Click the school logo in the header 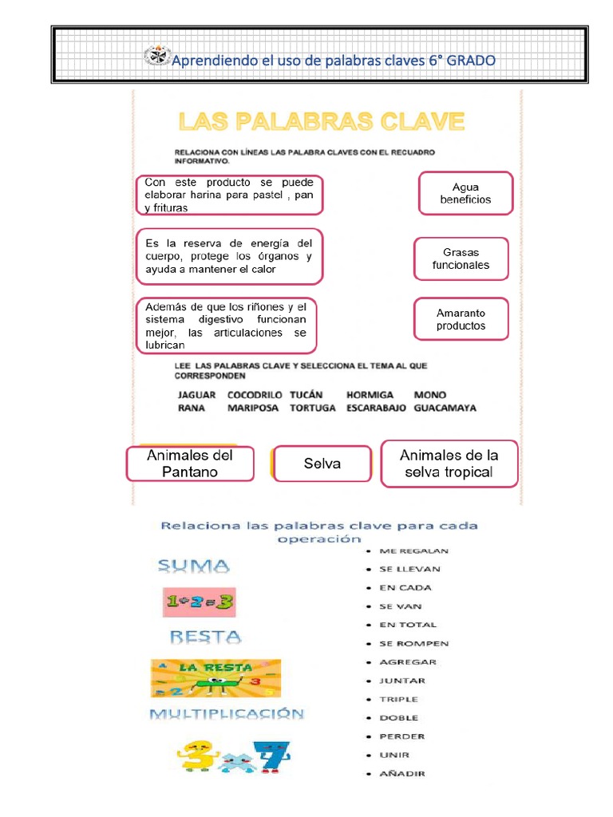[x=156, y=57]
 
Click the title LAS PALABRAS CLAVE [x=320, y=121]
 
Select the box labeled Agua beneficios [x=465, y=193]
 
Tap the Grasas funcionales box [x=461, y=259]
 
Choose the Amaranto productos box [x=461, y=319]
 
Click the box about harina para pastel [x=229, y=195]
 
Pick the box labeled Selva [x=322, y=464]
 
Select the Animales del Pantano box [x=190, y=464]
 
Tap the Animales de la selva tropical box [x=449, y=464]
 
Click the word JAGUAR [x=197, y=395]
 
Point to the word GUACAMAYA [x=445, y=408]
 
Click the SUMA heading [x=193, y=566]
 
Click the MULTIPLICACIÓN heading [x=227, y=714]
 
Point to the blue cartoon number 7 [x=271, y=757]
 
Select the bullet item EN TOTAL [x=408, y=625]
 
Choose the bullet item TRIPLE [x=398, y=699]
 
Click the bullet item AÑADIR [x=401, y=773]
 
